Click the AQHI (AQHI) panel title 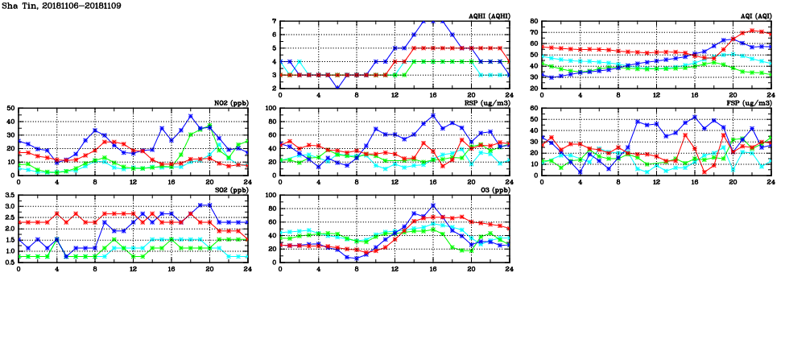[x=488, y=16]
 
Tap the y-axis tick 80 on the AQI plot [x=534, y=21]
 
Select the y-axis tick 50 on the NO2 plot [x=10, y=108]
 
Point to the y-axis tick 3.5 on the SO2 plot [x=9, y=195]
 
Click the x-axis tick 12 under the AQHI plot [x=395, y=94]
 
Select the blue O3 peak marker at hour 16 [x=433, y=205]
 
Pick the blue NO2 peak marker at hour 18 [x=191, y=116]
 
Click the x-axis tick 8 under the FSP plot [x=618, y=181]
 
